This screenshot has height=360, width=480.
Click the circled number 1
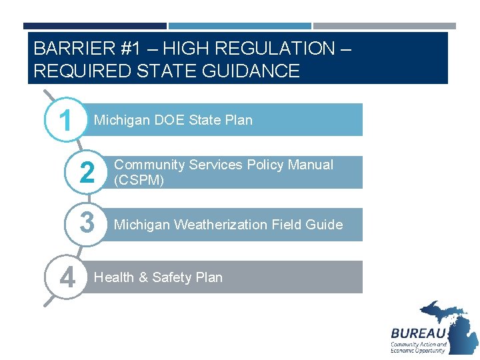pyautogui.click(x=65, y=121)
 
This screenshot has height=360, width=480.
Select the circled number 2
pyautogui.click(x=87, y=173)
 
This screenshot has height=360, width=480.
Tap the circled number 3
pyautogui.click(x=87, y=224)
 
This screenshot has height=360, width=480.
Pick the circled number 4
pyautogui.click(x=66, y=276)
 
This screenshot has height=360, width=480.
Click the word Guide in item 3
pyautogui.click(x=325, y=225)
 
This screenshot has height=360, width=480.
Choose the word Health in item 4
pyautogui.click(x=115, y=277)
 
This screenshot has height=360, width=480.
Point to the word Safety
pyautogui.click(x=173, y=277)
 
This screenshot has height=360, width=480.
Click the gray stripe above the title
pyautogui.click(x=385, y=26)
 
